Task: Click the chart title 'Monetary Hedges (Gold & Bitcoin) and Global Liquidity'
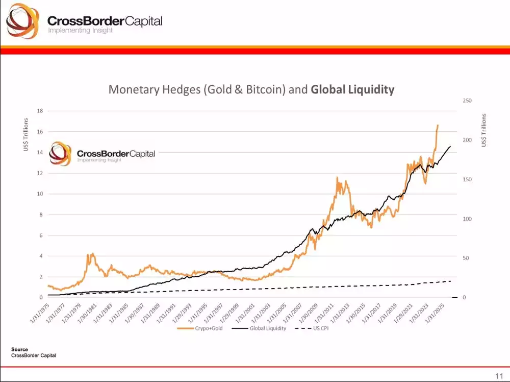251,90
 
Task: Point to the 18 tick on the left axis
40,111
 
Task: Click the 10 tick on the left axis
40,194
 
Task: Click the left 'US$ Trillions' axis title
25,135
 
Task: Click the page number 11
498,376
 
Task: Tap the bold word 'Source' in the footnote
19,349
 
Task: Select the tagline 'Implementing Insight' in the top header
80,31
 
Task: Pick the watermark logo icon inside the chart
61,154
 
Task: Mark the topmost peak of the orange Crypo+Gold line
438,125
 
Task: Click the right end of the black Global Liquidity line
450,147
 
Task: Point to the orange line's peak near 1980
91,254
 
